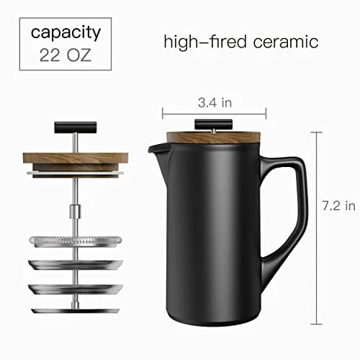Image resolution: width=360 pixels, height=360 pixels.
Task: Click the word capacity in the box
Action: pos(66,33)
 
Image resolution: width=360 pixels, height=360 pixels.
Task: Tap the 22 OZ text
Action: pos(66,55)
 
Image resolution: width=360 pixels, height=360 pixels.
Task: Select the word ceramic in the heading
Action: pos(286,42)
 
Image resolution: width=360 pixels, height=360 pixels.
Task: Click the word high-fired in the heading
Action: pos(205,42)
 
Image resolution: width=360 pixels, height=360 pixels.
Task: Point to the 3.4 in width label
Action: pos(215,103)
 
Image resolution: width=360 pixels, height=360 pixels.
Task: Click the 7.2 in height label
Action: pos(338,206)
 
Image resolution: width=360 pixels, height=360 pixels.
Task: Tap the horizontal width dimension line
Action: pos(215,113)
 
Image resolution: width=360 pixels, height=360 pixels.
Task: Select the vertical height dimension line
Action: pos(317,228)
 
